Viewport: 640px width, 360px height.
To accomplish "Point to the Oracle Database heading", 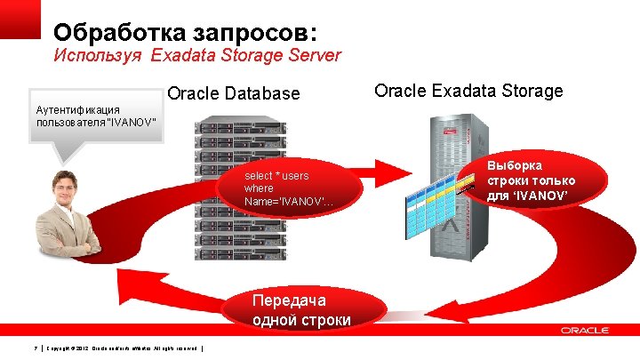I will coord(234,93).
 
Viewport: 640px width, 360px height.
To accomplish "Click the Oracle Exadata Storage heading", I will coord(468,91).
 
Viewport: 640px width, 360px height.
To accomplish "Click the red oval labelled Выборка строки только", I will coord(542,180).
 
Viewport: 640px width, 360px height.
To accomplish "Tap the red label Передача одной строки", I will coord(301,309).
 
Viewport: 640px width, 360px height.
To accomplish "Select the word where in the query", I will coord(259,188).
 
